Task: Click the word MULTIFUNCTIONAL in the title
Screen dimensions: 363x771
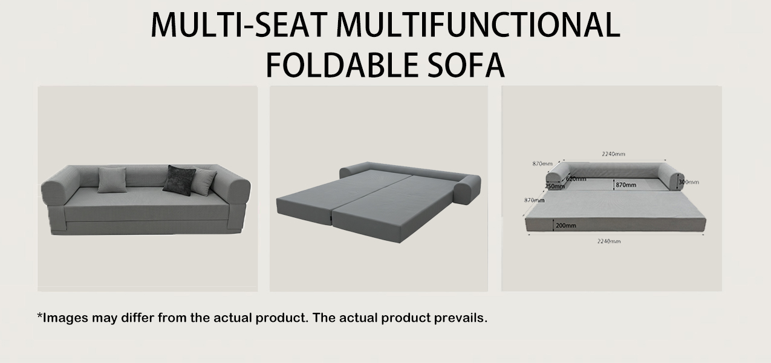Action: (478, 25)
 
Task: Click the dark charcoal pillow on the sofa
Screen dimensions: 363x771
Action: (180, 180)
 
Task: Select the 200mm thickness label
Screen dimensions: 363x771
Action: (565, 226)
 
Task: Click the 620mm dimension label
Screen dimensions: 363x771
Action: (576, 178)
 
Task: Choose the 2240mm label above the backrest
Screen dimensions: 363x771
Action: (613, 154)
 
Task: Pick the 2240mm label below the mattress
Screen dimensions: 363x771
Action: (609, 241)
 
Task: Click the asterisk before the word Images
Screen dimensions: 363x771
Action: (40, 316)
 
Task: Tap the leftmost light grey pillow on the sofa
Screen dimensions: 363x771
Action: (112, 180)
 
